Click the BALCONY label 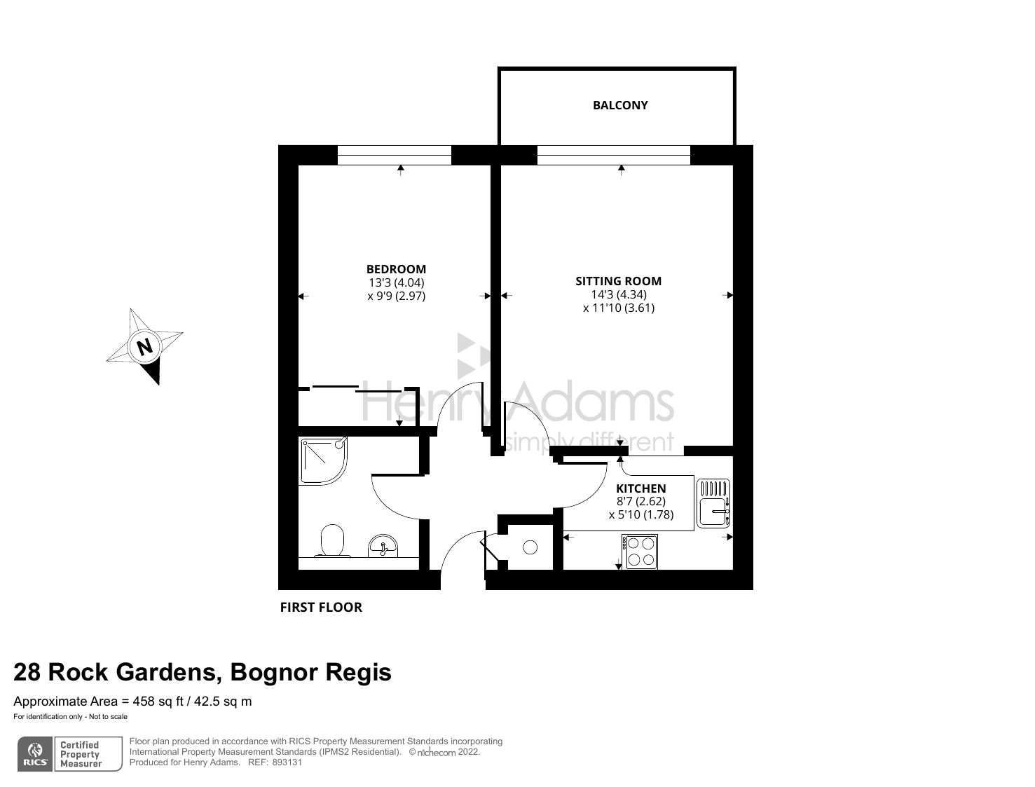click(620, 105)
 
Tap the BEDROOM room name click(396, 269)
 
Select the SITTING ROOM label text click(618, 281)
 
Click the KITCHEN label click(640, 488)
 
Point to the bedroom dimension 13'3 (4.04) click(396, 282)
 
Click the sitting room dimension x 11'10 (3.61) click(618, 308)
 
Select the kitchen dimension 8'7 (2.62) click(640, 501)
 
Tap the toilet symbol click(333, 541)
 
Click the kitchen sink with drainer click(713, 503)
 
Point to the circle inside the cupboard click(530, 547)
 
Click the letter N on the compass click(145, 346)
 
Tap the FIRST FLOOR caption click(321, 608)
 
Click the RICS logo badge click(34, 754)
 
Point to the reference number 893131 click(287, 762)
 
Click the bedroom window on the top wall click(394, 155)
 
